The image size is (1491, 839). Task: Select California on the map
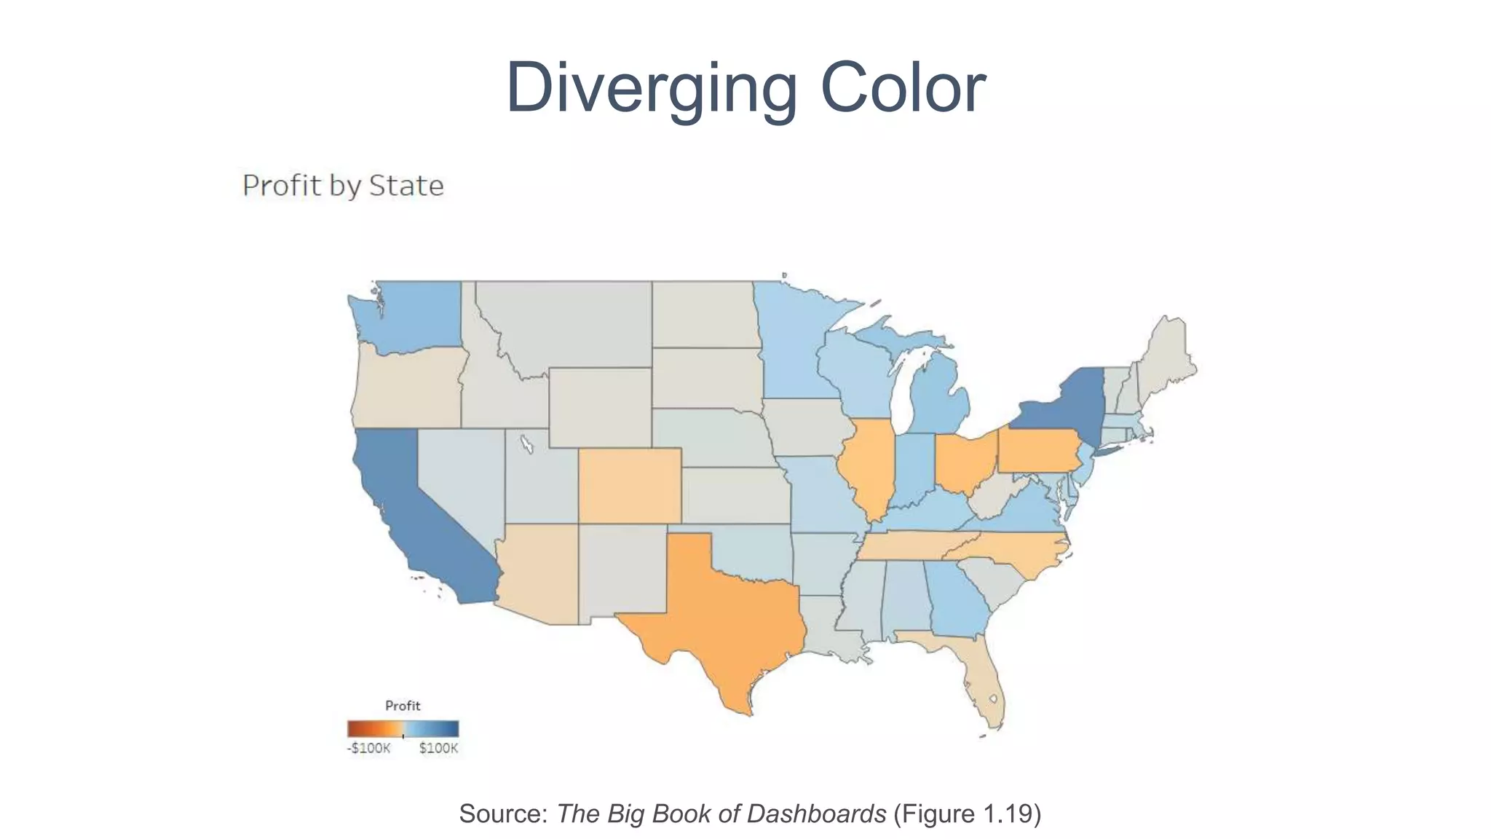click(x=408, y=510)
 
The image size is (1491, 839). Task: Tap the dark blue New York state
click(x=1063, y=408)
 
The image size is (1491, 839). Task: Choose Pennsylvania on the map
click(x=1037, y=452)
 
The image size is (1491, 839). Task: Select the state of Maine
click(x=1165, y=357)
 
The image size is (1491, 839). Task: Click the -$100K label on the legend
click(x=368, y=749)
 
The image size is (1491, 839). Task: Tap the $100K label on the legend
click(x=438, y=749)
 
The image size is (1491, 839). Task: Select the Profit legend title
click(x=403, y=706)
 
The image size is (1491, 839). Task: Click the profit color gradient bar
click(x=403, y=728)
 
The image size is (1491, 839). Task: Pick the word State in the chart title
click(x=406, y=186)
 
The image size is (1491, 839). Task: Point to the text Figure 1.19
click(x=968, y=814)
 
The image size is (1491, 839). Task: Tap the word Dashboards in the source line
click(x=816, y=814)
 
